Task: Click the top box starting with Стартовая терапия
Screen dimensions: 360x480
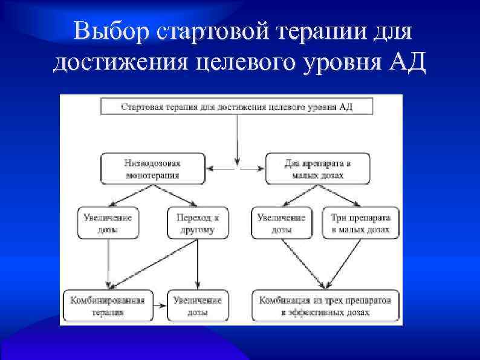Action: pyautogui.click(x=237, y=106)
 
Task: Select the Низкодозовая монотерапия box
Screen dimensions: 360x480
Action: pyautogui.click(x=152, y=169)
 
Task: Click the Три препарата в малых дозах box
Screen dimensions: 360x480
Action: pyautogui.click(x=361, y=223)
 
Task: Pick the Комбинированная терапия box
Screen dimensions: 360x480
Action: pyautogui.click(x=108, y=306)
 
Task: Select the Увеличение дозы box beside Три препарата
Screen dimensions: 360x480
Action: pyautogui.click(x=281, y=223)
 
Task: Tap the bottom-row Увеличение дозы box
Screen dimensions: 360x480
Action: pyautogui.click(x=197, y=306)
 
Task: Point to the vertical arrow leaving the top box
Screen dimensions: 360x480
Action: pyautogui.click(x=237, y=139)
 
